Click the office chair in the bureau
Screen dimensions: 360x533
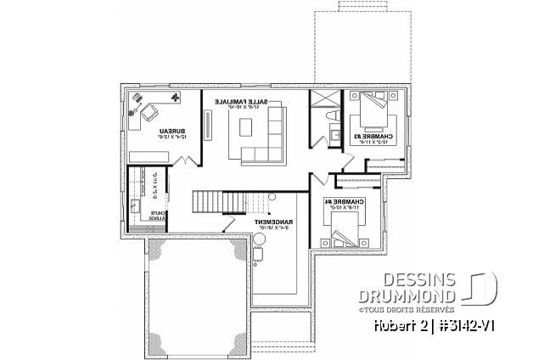click(x=137, y=110)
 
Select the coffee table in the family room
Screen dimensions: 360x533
click(x=246, y=128)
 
